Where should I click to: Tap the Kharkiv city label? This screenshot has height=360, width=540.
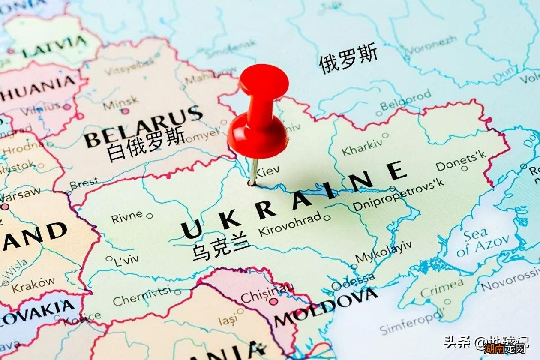coord(362,147)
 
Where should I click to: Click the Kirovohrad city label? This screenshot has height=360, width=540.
coord(290,224)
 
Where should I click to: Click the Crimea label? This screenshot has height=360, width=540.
coord(441,288)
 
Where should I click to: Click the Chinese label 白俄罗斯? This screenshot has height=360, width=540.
coord(146,145)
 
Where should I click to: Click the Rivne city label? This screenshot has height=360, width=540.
coord(127,217)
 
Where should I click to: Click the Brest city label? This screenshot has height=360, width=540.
coord(84,184)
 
